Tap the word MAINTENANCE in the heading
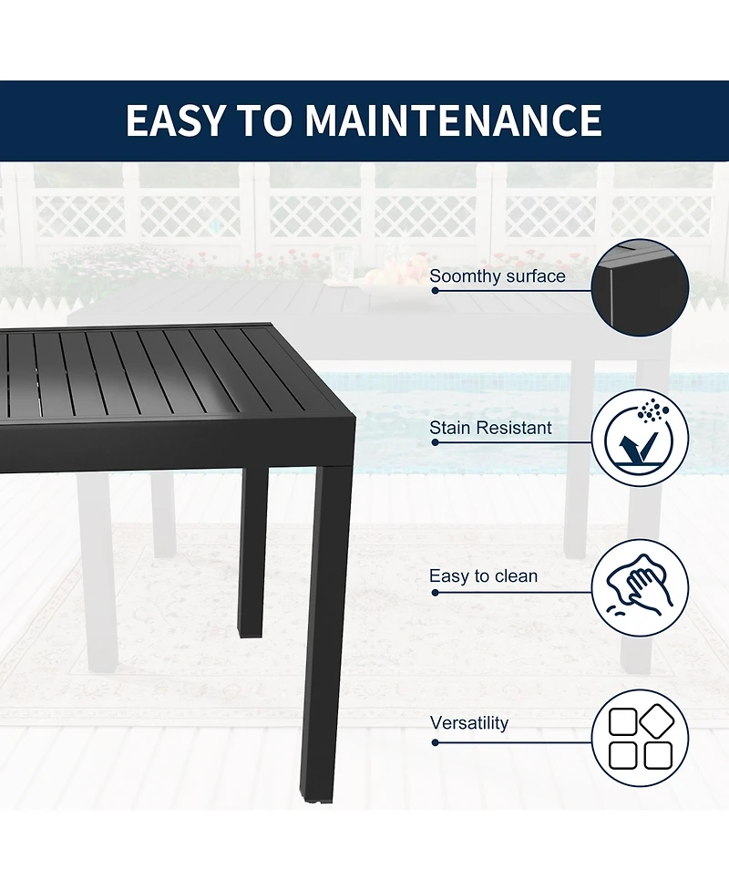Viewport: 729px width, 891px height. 453,121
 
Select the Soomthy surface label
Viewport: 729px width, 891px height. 498,276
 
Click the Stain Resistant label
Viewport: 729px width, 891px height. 490,428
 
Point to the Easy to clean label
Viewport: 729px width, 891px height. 483,576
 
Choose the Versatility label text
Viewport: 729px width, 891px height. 469,723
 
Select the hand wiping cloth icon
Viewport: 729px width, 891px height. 640,589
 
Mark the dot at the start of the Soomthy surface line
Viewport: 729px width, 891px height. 436,291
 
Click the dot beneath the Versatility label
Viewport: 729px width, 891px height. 436,742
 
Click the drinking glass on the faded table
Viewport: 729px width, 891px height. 342,264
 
